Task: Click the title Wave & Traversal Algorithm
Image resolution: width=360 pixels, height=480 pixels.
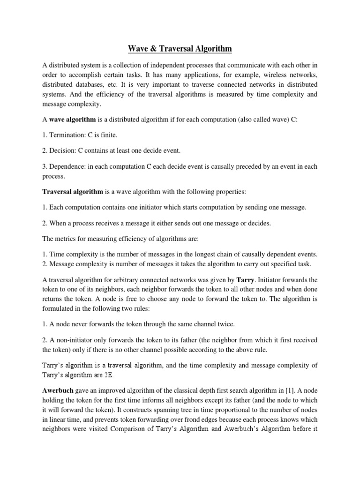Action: tap(180, 48)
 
